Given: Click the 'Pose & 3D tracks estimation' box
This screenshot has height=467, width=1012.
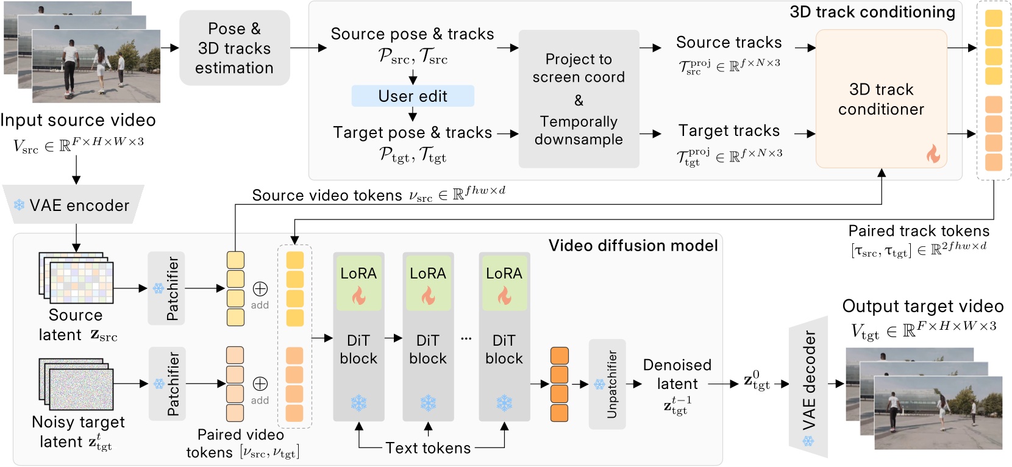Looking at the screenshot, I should click(x=234, y=48).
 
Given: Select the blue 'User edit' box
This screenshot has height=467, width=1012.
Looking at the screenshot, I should click(x=413, y=96).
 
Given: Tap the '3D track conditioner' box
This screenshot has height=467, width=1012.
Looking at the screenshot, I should click(x=881, y=99).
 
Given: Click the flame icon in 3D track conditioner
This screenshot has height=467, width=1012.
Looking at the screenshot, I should click(x=933, y=154).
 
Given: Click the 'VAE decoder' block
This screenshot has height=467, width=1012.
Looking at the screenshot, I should click(x=808, y=387).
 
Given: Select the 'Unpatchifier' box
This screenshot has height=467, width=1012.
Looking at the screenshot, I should click(x=607, y=384).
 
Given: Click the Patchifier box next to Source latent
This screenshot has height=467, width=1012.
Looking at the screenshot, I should click(x=166, y=288).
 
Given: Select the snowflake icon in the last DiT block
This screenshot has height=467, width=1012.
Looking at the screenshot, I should click(x=504, y=403).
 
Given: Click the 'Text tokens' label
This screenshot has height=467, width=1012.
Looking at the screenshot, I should click(x=428, y=448).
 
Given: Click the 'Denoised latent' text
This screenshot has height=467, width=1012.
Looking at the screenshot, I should click(x=677, y=374).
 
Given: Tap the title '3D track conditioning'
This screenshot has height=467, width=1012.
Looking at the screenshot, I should click(x=872, y=12).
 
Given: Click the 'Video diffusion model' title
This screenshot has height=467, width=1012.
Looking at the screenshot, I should click(x=633, y=246).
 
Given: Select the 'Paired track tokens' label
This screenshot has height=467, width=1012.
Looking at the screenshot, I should click(x=919, y=231).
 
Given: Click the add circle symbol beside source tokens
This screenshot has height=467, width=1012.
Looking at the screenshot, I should click(x=260, y=288).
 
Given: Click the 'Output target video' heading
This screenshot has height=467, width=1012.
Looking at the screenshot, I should click(x=922, y=306).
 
